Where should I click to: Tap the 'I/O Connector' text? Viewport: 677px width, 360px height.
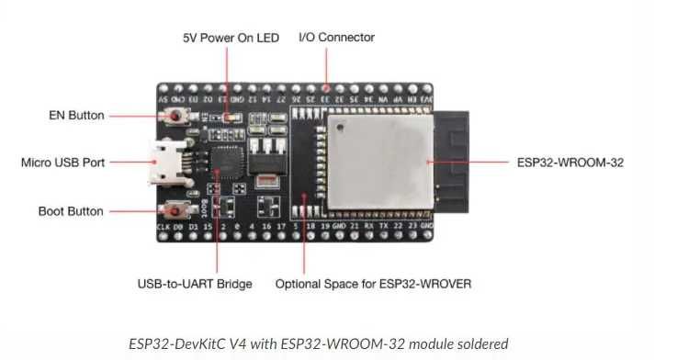(336, 38)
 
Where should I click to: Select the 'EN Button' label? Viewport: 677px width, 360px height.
(75, 116)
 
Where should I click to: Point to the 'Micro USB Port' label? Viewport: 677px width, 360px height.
(63, 163)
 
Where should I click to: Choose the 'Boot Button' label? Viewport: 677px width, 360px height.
(72, 211)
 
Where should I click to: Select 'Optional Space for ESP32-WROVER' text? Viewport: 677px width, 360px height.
(373, 284)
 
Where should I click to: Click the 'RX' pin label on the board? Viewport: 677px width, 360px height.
(368, 224)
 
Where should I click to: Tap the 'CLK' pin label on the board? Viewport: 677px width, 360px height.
(163, 224)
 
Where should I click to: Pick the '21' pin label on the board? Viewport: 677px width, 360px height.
(354, 224)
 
